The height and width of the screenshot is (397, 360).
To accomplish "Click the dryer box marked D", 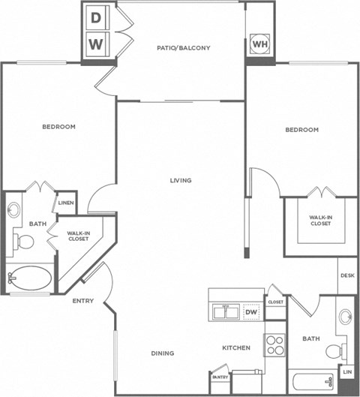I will (96, 17).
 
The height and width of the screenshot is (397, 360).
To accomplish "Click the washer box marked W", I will (96, 44).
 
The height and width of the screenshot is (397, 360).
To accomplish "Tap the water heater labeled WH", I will (259, 44).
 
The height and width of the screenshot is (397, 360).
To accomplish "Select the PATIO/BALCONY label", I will (183, 48).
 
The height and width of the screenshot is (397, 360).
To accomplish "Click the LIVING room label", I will (180, 180).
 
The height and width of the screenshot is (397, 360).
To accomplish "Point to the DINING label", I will (162, 353).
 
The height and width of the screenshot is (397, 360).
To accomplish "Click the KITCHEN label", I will (235, 348).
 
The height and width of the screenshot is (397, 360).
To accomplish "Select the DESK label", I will (346, 275).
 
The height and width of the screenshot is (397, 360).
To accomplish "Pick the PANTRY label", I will (220, 377).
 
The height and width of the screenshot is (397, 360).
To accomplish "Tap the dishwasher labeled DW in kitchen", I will (251, 312).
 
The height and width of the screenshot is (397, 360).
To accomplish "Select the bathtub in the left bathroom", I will (29, 278).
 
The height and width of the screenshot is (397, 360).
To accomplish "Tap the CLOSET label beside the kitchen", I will (275, 302).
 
